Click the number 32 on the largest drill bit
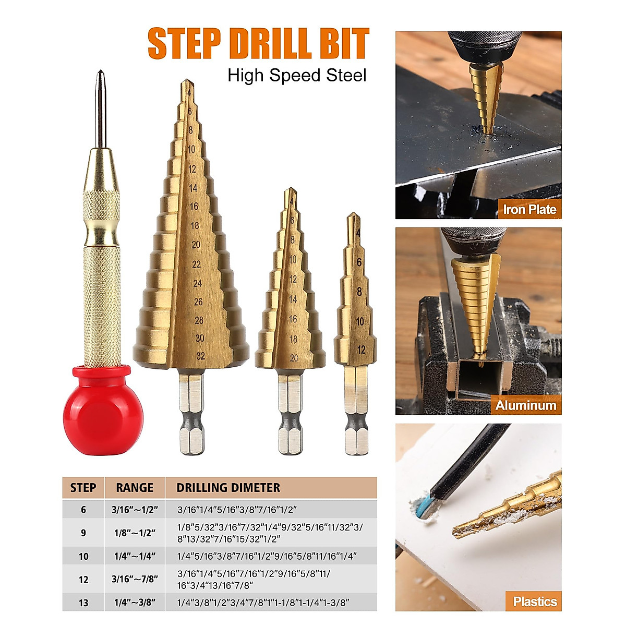(200, 356)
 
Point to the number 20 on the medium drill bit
(294, 358)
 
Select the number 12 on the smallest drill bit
(361, 350)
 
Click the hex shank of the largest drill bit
(191, 412)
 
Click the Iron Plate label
(529, 210)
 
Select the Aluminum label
(525, 405)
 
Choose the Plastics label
(534, 601)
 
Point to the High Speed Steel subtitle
(297, 76)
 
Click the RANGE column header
(135, 488)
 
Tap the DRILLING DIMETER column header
(228, 488)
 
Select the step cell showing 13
(83, 603)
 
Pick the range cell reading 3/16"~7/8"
(135, 579)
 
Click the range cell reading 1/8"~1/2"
(135, 533)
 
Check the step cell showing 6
(83, 509)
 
